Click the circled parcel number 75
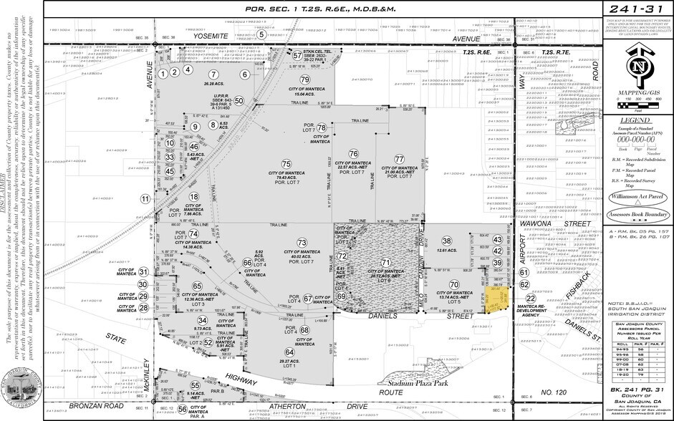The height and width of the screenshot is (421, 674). [286, 164]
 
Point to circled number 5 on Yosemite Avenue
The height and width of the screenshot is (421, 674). [262, 34]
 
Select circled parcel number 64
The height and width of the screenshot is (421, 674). [289, 352]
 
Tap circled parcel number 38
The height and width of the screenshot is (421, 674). [447, 240]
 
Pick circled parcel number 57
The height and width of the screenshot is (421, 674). [297, 54]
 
